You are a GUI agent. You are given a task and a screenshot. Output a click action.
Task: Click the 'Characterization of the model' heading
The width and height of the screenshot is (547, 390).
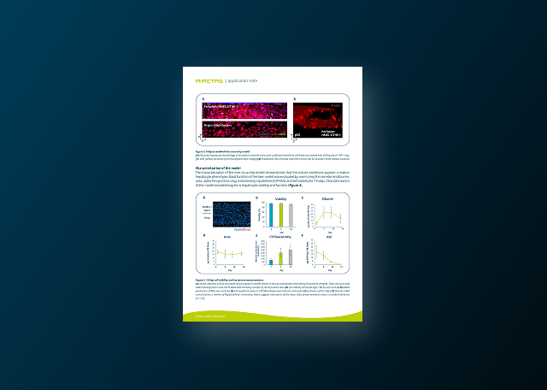coord(226,168)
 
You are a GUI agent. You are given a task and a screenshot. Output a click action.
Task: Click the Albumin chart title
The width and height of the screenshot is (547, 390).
coord(327,198)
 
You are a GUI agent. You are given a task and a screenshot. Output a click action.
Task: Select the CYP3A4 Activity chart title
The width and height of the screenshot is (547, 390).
coord(279,238)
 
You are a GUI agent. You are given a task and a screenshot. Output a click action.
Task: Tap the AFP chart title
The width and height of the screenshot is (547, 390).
coord(327,238)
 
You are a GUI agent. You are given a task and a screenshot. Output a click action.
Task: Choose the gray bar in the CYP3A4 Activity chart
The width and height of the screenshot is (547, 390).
coord(290,257)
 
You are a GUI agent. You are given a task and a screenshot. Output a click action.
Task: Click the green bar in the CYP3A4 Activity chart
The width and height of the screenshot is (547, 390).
coord(280,258)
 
